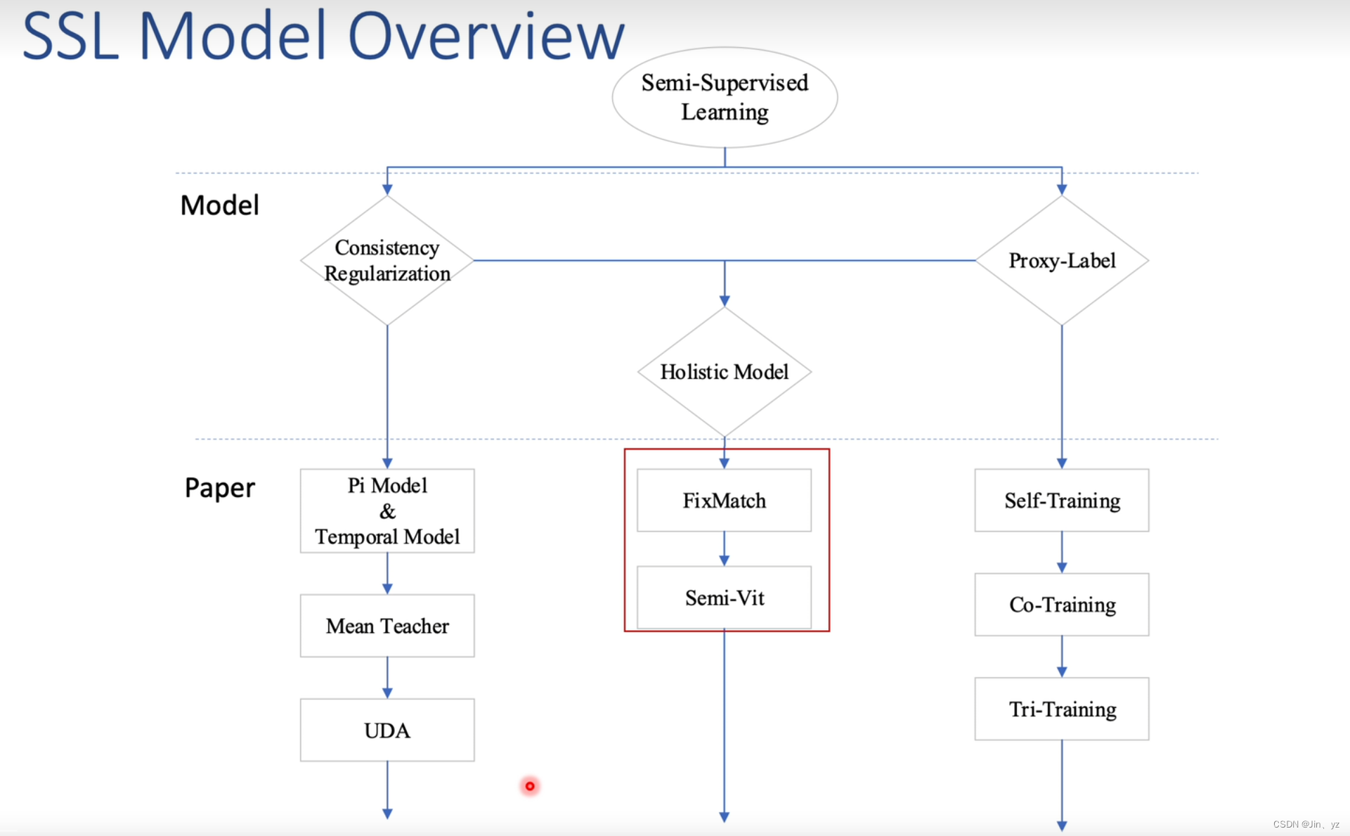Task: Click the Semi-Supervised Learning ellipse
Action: tap(725, 98)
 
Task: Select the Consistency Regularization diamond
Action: tap(387, 260)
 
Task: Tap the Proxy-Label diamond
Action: tap(1062, 260)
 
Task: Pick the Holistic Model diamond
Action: tap(725, 372)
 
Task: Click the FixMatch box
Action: tap(725, 501)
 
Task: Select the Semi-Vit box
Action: tap(725, 598)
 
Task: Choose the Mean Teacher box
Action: tap(387, 626)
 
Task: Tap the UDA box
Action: tap(387, 730)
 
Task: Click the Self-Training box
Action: tap(1062, 501)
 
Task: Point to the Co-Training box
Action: tap(1062, 605)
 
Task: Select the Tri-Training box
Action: tap(1062, 709)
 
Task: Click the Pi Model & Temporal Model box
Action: tap(387, 511)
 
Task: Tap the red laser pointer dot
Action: tap(530, 786)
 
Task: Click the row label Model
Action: tap(220, 205)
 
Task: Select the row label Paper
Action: tap(220, 488)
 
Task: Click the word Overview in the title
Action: tap(486, 37)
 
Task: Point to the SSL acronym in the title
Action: tap(70, 37)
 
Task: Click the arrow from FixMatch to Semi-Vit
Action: tap(725, 549)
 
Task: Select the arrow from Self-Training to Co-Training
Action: tap(1062, 553)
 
